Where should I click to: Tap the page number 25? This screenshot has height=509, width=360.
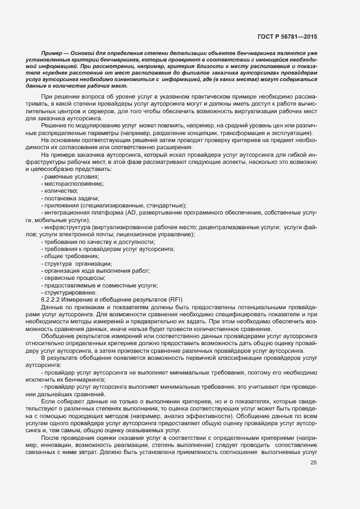pos(313,463)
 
